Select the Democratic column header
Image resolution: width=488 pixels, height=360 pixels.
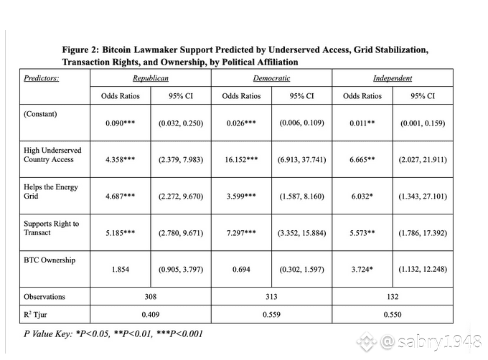pyautogui.click(x=271, y=77)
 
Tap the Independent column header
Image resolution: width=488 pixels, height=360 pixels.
pyautogui.click(x=392, y=77)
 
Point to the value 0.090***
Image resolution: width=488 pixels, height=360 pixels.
pyautogui.click(x=120, y=123)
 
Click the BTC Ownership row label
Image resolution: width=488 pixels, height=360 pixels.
pyautogui.click(x=50, y=260)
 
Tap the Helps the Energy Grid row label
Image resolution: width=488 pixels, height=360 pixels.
pyautogui.click(x=51, y=191)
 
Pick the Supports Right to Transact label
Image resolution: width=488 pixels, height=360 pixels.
pyautogui.click(x=52, y=228)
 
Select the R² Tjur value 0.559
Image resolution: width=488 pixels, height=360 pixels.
pyautogui.click(x=271, y=315)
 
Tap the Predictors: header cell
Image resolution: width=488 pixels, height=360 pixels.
pyautogui.click(x=42, y=77)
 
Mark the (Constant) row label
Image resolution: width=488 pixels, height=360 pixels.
pyautogui.click(x=40, y=114)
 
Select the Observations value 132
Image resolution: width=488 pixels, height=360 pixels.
pyautogui.click(x=392, y=297)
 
